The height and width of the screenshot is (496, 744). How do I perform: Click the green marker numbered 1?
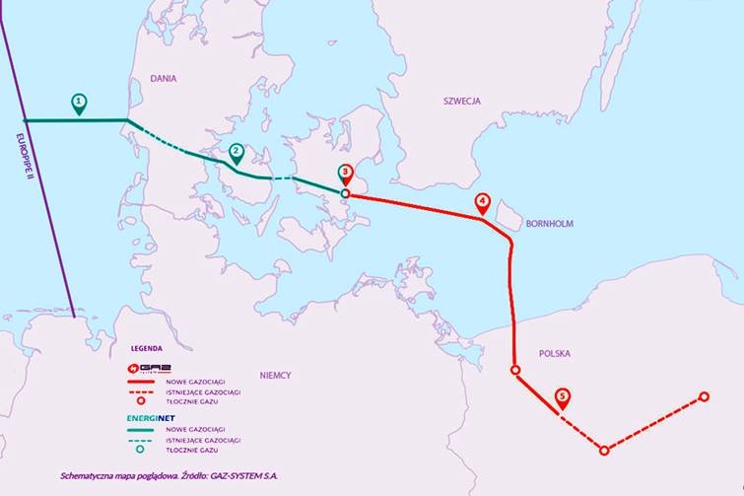(79, 102)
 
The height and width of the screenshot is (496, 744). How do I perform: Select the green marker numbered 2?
(236, 153)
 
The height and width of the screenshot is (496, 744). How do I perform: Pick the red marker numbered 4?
(482, 202)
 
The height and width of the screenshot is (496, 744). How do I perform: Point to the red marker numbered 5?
(562, 396)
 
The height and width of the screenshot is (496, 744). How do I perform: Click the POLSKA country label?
(554, 353)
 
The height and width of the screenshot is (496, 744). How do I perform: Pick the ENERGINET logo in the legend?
(149, 417)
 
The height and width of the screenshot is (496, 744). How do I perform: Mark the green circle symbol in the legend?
(139, 451)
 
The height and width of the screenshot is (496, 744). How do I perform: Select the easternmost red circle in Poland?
(704, 396)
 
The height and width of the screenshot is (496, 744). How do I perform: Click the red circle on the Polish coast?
(514, 370)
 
